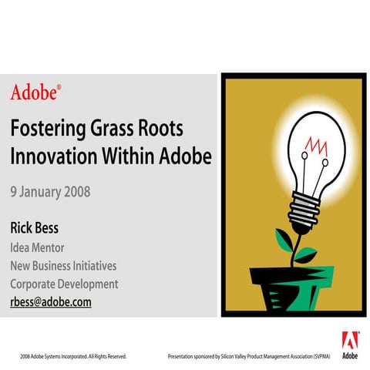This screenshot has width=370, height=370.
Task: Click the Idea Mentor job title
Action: tap(38, 248)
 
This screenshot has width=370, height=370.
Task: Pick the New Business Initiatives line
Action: tap(63, 266)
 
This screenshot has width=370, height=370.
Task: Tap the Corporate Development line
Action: tap(64, 284)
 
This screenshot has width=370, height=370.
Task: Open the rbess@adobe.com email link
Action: tap(51, 302)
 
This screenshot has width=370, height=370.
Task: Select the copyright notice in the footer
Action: tap(73, 357)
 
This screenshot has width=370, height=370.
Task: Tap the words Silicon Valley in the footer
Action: tap(237, 357)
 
